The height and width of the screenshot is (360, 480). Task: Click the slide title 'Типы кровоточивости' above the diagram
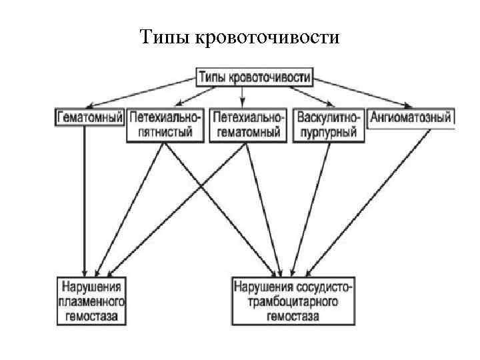[x=240, y=36]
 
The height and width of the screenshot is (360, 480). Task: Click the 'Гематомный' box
[x=90, y=117]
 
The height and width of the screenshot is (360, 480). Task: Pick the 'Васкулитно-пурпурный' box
[x=329, y=125]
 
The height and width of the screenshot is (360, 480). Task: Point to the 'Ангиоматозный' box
[x=411, y=118]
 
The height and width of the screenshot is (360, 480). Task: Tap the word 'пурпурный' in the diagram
[x=329, y=132]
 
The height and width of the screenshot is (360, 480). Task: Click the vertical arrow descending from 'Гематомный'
[x=85, y=200]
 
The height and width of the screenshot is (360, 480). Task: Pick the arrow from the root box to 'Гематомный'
[x=140, y=92]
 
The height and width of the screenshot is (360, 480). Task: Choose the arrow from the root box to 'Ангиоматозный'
[x=364, y=92]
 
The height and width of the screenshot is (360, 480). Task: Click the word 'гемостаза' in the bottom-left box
[x=91, y=316]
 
